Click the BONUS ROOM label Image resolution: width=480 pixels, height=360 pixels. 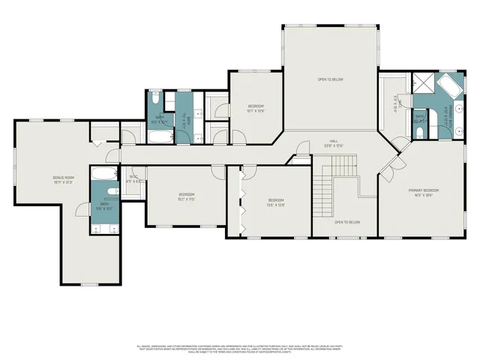tap(64, 179)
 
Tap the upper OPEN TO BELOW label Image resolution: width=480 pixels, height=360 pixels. tap(330, 79)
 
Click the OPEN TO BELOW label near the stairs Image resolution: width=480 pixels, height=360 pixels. tap(347, 222)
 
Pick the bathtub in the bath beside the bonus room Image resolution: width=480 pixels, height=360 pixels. tap(104, 175)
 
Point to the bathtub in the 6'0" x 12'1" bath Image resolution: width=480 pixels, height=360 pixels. tap(160, 137)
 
